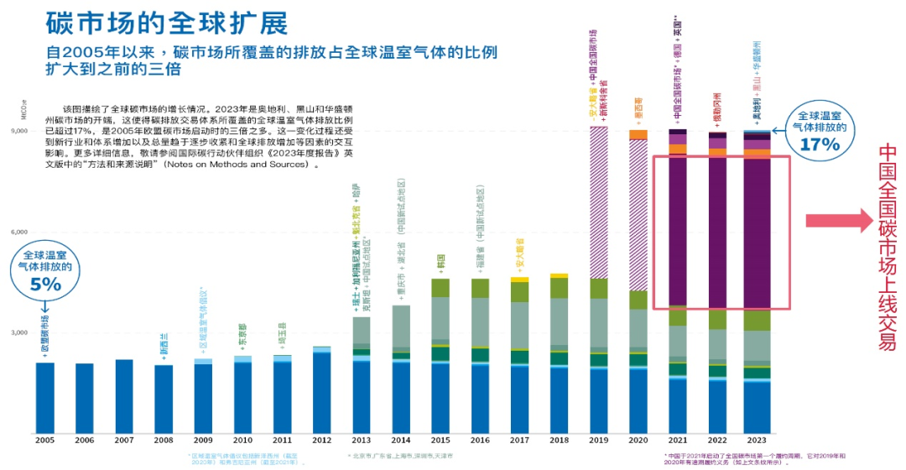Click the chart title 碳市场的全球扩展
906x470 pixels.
point(167,22)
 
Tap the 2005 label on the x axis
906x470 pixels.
point(45,439)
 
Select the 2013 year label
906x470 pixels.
point(362,439)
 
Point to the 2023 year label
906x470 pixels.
point(758,439)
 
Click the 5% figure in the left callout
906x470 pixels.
point(47,285)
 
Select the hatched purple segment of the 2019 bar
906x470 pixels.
point(599,201)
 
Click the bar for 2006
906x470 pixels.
point(85,398)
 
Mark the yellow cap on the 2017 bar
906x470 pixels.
point(520,279)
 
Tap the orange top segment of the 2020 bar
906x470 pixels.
point(638,134)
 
